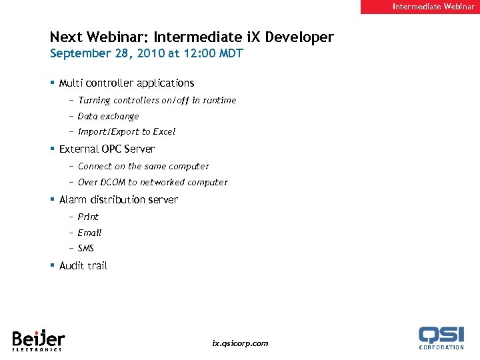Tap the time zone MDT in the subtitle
point(231,53)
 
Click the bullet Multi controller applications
point(127,83)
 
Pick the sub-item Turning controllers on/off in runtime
point(157,101)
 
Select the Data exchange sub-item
point(108,116)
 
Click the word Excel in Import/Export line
point(163,132)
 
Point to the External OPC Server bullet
point(107,149)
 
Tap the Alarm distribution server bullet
point(119,200)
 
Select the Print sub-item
point(88,217)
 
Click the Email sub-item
point(89,233)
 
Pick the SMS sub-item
point(86,249)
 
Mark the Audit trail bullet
point(83,266)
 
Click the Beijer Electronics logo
point(38,339)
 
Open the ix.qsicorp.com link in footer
point(240,343)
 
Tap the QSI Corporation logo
point(441,337)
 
